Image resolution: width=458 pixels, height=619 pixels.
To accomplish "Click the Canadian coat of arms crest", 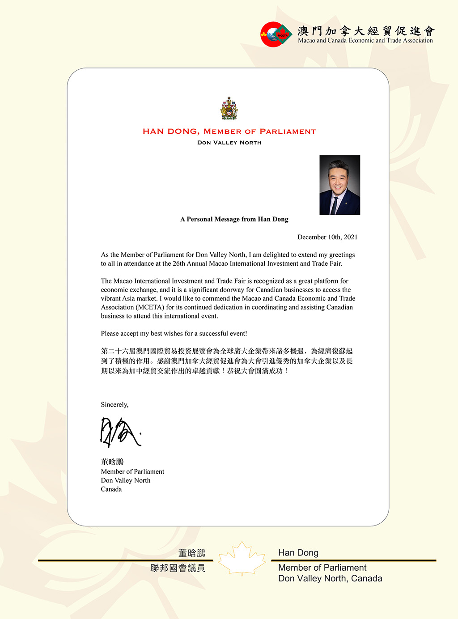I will click(229, 109).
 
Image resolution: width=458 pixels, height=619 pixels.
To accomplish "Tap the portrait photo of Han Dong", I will click(339, 185).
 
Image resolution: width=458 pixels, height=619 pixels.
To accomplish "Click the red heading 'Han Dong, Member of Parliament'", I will click(229, 131).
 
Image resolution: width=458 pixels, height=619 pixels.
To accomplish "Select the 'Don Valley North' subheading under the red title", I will click(229, 143).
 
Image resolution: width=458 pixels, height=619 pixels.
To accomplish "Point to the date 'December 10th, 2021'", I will click(327, 237).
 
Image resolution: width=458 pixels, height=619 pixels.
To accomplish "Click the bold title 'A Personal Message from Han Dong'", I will click(234, 219).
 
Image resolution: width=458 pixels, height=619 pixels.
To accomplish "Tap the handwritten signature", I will click(119, 432).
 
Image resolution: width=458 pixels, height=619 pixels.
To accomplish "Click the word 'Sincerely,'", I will click(114, 404).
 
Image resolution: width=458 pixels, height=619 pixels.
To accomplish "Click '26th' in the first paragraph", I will click(178, 263).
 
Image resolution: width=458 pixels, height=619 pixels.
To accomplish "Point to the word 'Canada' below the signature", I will click(111, 489).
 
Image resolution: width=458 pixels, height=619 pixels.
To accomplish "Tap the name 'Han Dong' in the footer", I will click(298, 553).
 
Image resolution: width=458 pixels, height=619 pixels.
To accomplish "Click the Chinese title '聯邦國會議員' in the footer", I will click(178, 568).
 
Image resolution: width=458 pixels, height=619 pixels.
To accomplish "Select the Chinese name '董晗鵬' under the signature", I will click(112, 462).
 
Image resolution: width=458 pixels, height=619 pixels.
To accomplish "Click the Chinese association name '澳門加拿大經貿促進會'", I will click(366, 30).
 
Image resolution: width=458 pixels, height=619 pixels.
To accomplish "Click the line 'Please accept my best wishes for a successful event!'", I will click(174, 334).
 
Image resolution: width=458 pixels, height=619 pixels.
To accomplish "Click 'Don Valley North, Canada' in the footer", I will click(330, 578).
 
